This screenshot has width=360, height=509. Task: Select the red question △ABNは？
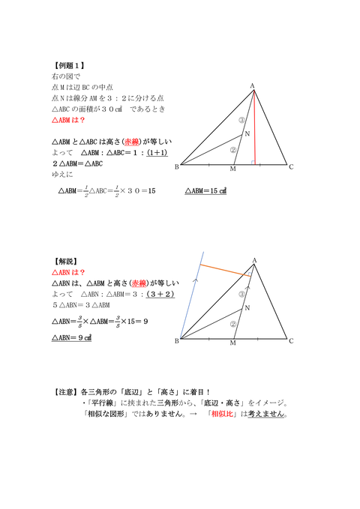68,272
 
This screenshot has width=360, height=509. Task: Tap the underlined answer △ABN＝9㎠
72,338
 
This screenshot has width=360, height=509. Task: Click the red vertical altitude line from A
254,127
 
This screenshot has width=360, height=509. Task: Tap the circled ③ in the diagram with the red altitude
241,119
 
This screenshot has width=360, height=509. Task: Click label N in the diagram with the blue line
247,307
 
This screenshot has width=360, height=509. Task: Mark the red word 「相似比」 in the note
226,413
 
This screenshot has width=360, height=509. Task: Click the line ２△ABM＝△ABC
77,163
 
